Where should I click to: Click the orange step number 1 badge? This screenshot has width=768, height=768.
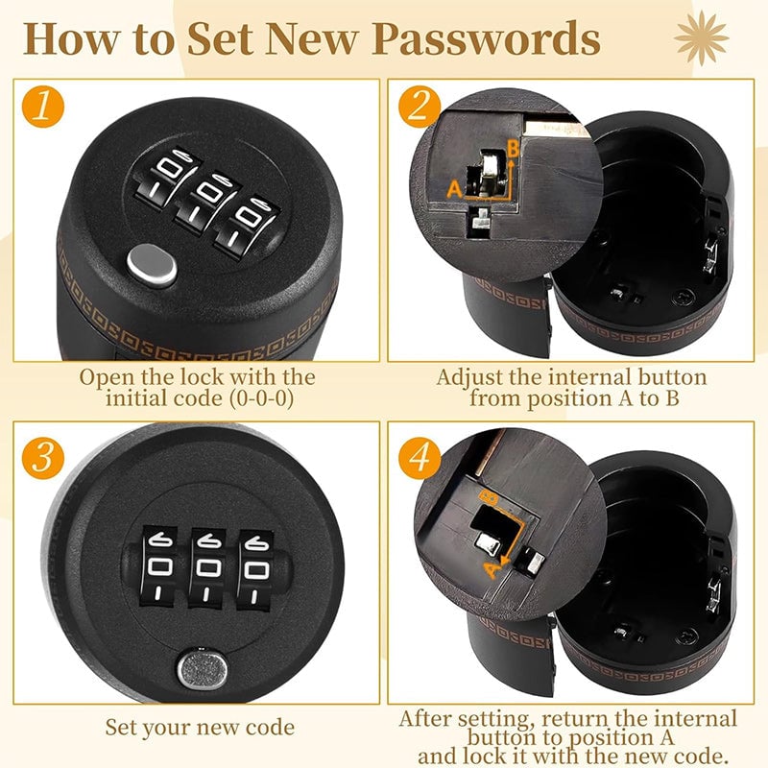tap(39, 108)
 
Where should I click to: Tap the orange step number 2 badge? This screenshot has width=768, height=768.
tap(419, 107)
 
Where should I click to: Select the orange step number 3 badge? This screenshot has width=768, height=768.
tap(39, 457)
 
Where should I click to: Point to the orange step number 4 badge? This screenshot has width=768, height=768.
tap(420, 456)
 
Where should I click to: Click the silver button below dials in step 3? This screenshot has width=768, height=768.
tap(199, 664)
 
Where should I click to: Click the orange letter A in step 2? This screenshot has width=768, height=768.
tap(455, 189)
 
